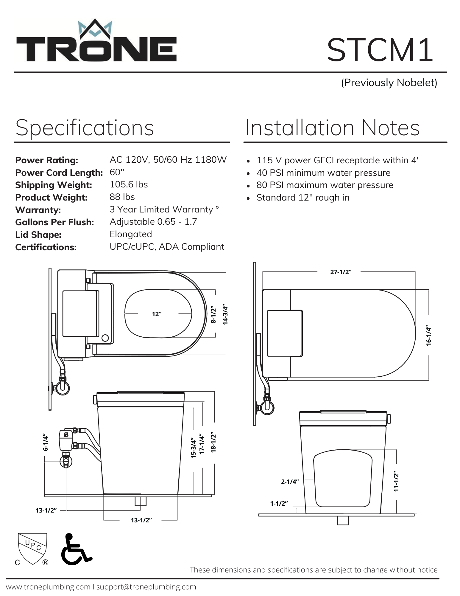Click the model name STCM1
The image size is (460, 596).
click(380, 50)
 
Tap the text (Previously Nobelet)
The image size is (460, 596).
click(389, 83)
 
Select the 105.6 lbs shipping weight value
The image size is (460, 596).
click(129, 184)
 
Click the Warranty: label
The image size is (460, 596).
click(38, 210)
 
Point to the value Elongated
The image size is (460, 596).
click(131, 234)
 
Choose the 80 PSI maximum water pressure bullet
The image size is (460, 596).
click(325, 185)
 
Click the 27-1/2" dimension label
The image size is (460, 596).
click(341, 272)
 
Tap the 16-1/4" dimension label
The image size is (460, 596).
click(428, 336)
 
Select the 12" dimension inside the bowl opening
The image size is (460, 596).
click(157, 314)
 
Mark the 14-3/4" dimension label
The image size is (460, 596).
click(225, 315)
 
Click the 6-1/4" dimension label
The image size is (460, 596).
click(45, 442)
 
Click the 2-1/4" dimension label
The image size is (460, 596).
click(290, 482)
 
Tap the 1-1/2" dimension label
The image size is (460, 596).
click(279, 503)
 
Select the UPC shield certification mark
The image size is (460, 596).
click(32, 549)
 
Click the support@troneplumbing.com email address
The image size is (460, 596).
click(146, 587)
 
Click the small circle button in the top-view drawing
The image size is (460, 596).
click(105, 338)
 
